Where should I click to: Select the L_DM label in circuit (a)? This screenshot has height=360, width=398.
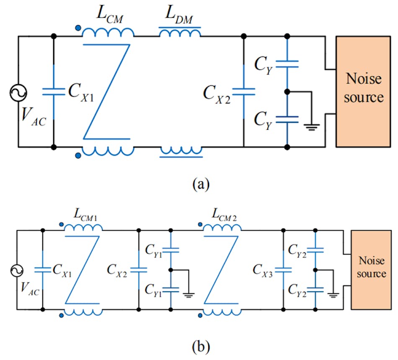[x=180, y=17]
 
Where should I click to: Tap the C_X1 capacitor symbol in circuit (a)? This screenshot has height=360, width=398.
[x=54, y=91]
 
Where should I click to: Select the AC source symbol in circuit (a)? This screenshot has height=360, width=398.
[x=18, y=92]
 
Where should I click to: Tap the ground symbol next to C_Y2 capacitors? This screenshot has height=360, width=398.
[x=333, y=295]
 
